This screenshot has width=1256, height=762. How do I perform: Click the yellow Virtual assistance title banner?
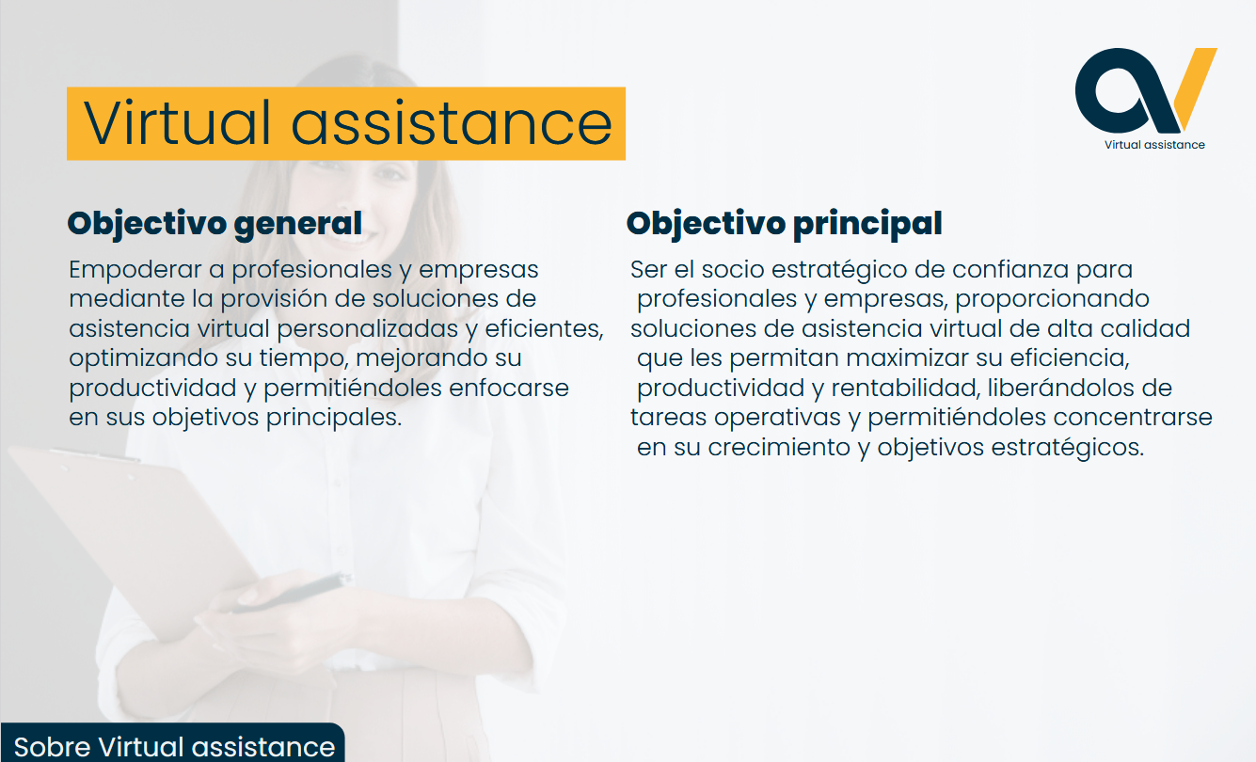[x=346, y=123]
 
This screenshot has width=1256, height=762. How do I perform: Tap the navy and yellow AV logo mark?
[x=1146, y=90]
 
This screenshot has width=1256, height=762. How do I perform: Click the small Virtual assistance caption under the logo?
[x=1154, y=145]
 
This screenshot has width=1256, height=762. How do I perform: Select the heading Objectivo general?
[x=215, y=224]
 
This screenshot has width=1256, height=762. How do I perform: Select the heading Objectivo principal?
[x=784, y=224]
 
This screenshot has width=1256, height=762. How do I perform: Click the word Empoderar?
[x=135, y=270]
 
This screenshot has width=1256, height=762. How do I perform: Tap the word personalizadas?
[x=367, y=329]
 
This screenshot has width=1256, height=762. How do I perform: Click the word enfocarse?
[x=509, y=388]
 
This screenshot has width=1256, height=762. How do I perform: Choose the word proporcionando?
[x=1052, y=299]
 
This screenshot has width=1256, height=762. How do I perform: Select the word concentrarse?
[x=1133, y=418]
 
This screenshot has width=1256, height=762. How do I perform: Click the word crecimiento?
[x=779, y=448]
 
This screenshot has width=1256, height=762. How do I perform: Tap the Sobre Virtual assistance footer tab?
[x=173, y=743]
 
